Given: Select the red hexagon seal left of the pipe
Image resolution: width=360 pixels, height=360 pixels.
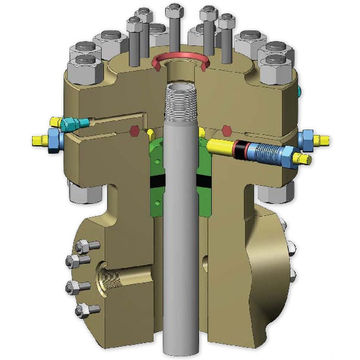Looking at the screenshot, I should point(136,130).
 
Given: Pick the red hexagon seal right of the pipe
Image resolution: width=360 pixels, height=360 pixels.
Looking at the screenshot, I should point(229,129).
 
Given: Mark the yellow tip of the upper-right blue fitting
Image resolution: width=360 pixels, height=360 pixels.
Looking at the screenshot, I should point(328,137).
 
